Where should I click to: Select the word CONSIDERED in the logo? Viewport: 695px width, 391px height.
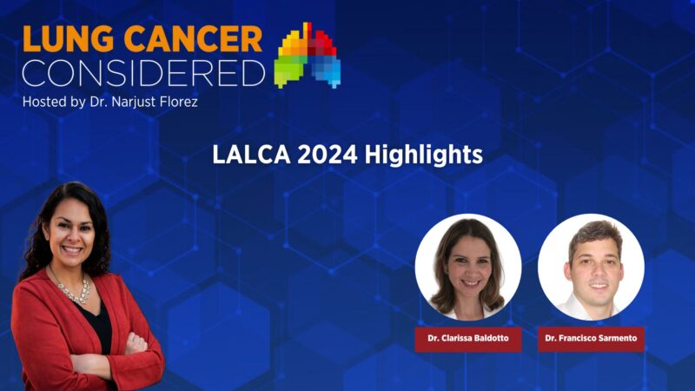(x=142, y=73)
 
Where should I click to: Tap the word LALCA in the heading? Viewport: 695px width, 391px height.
(x=246, y=155)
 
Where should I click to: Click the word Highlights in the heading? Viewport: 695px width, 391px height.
(x=423, y=155)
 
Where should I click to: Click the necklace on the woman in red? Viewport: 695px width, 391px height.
(x=75, y=291)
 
